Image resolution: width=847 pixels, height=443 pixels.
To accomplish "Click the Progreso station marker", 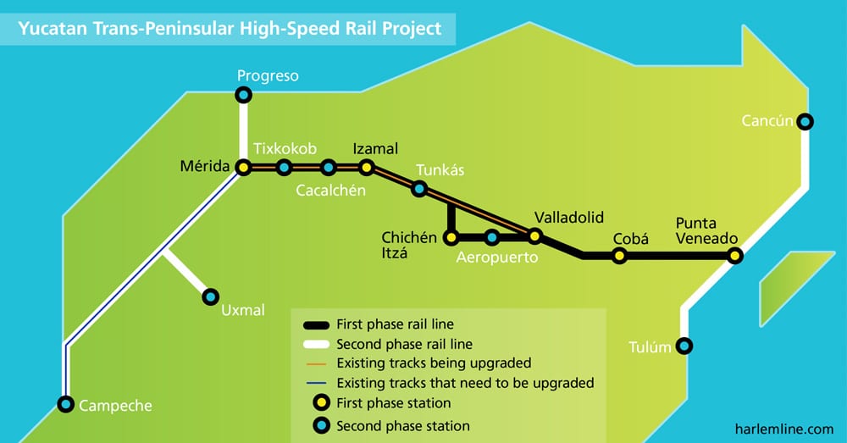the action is pyautogui.click(x=244, y=95).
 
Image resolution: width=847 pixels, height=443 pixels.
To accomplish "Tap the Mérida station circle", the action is pyautogui.click(x=244, y=168).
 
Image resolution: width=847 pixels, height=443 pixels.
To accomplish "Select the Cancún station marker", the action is pyautogui.click(x=805, y=122).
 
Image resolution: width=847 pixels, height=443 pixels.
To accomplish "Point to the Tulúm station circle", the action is pyautogui.click(x=684, y=346).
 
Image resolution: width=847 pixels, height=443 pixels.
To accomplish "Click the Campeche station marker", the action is pyautogui.click(x=66, y=403).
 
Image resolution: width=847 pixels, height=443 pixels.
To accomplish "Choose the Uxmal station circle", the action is pyautogui.click(x=211, y=296).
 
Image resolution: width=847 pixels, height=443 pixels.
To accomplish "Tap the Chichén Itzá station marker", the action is pyautogui.click(x=451, y=236).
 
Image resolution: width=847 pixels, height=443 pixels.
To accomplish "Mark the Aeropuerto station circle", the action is pyautogui.click(x=491, y=236).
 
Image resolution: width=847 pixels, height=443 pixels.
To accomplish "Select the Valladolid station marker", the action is pyautogui.click(x=534, y=236).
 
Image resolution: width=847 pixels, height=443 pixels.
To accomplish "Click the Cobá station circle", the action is pyautogui.click(x=620, y=256).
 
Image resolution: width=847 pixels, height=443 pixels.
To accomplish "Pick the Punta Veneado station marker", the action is pyautogui.click(x=734, y=256).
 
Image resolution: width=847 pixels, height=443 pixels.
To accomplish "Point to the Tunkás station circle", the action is pyautogui.click(x=419, y=189).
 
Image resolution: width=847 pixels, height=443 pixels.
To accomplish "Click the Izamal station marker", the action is pyautogui.click(x=367, y=168).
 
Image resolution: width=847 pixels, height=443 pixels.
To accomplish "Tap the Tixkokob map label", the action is pyautogui.click(x=285, y=148).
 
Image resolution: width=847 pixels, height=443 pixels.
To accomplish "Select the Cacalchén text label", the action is pyautogui.click(x=330, y=191).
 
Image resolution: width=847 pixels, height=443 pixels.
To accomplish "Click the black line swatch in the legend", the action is pyautogui.click(x=317, y=325).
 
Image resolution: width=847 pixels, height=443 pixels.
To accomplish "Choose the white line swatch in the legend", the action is pyautogui.click(x=317, y=344).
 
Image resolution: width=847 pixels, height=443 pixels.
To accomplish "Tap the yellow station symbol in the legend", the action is pyautogui.click(x=321, y=402).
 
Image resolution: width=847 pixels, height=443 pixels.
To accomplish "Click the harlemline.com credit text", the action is pyautogui.click(x=784, y=429).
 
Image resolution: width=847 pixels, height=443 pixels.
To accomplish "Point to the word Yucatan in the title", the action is pyautogui.click(x=53, y=29).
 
